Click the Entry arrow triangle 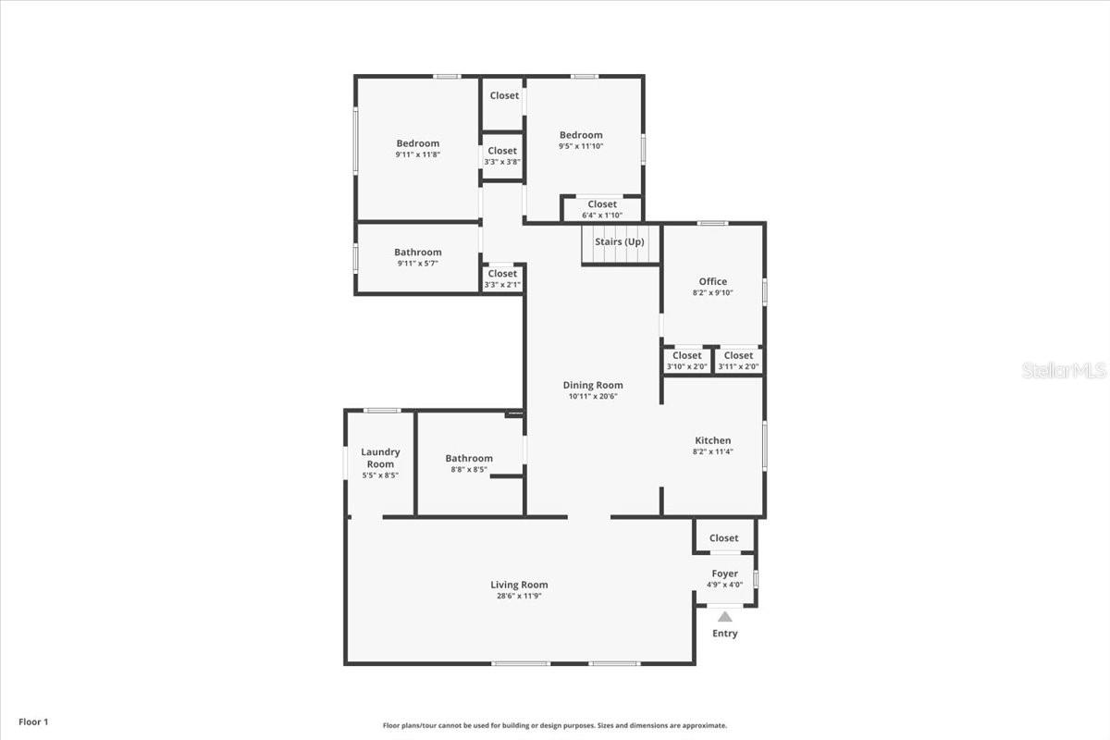click(x=725, y=617)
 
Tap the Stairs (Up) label click(x=620, y=242)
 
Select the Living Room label click(x=519, y=585)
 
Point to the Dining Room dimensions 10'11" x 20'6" click(x=593, y=397)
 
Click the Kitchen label click(x=713, y=440)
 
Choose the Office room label click(x=712, y=281)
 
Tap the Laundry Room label click(x=380, y=458)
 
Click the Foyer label click(x=724, y=573)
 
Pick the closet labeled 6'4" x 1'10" click(x=602, y=209)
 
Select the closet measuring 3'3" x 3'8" click(x=502, y=155)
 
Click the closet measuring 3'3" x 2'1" click(x=502, y=278)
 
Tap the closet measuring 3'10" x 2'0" click(x=686, y=360)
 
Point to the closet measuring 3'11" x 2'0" click(x=738, y=360)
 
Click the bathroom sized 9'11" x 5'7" click(x=418, y=257)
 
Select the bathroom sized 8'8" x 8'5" click(x=469, y=462)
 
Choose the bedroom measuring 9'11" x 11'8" click(x=418, y=148)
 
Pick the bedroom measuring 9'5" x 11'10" click(x=581, y=140)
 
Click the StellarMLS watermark click(x=1064, y=371)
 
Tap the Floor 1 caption click(x=32, y=721)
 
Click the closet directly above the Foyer click(x=724, y=537)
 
